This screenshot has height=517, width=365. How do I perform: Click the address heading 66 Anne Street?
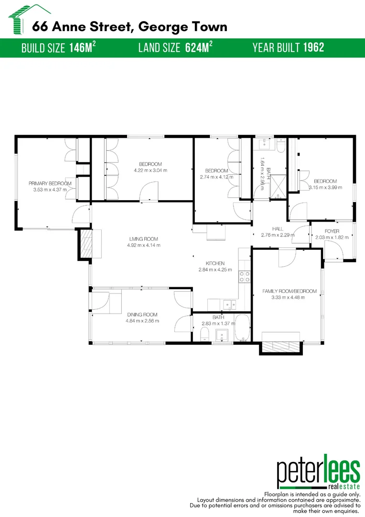[x=129, y=26]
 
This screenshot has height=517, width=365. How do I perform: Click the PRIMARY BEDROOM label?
[x=50, y=183]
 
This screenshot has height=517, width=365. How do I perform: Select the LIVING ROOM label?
[x=143, y=239]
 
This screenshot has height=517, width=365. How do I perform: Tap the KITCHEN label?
[x=215, y=263]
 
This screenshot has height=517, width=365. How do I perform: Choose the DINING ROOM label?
[x=142, y=315]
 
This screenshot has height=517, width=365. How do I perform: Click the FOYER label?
[x=332, y=231]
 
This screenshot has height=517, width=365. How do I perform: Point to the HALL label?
[x=278, y=229]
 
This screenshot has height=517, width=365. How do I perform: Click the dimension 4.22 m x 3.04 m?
[x=150, y=170]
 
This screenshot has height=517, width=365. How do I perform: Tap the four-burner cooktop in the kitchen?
[x=245, y=276]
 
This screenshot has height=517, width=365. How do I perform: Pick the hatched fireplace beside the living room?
[x=86, y=244]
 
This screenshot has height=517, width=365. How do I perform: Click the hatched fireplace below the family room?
[x=279, y=347]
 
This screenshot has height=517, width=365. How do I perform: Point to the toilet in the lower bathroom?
[x=204, y=334]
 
